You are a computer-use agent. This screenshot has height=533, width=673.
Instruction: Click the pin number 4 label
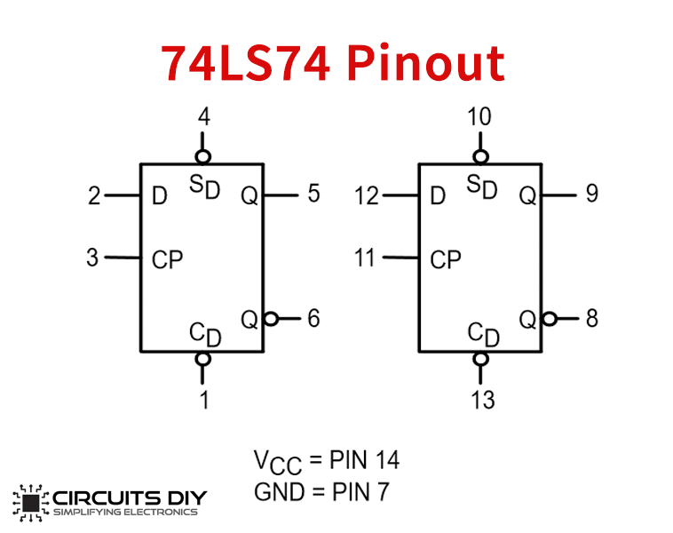(204, 117)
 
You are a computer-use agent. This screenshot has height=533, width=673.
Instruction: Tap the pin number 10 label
(479, 117)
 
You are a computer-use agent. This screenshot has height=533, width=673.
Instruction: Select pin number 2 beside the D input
(94, 195)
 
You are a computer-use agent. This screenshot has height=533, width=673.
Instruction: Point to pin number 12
(367, 195)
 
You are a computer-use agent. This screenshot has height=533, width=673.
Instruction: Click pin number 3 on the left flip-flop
(92, 258)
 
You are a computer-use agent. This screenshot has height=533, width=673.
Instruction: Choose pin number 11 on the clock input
(365, 258)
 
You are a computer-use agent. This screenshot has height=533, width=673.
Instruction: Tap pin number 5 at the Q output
(313, 194)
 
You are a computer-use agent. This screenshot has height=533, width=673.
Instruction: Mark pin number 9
(592, 194)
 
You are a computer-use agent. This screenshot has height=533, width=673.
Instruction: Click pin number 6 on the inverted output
(313, 319)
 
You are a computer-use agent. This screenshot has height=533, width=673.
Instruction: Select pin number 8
(592, 319)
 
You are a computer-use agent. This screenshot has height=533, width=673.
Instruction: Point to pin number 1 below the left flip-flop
(205, 400)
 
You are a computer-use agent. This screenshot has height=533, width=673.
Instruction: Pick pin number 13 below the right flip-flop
(483, 400)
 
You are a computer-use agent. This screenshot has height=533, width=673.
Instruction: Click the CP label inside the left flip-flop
(168, 260)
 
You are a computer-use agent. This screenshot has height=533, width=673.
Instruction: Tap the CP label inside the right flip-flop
(446, 260)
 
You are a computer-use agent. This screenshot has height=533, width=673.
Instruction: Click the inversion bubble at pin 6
(271, 319)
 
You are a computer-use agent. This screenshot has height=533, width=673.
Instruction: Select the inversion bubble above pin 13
(480, 359)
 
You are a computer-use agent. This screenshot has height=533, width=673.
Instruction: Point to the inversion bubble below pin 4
(203, 156)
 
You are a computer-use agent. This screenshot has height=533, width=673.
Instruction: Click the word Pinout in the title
(426, 63)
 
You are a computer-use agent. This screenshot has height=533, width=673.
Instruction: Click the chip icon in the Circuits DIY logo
(31, 503)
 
